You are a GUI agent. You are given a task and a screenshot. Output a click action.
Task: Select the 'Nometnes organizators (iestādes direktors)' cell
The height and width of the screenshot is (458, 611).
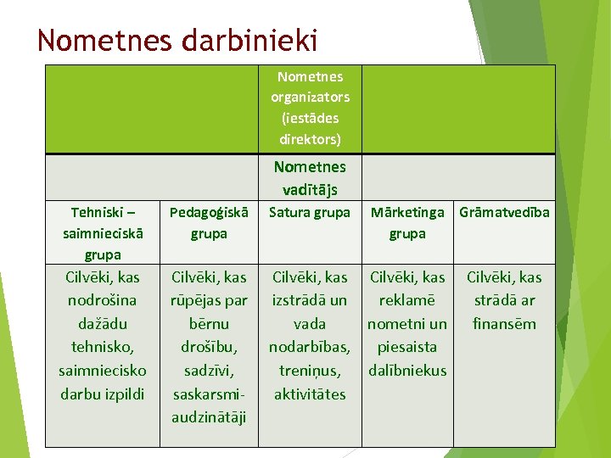pos(310,108)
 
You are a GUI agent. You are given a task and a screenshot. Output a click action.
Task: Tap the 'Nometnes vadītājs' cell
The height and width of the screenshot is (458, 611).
pos(310,177)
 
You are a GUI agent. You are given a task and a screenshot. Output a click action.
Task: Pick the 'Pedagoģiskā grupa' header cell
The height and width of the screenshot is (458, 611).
pos(209,222)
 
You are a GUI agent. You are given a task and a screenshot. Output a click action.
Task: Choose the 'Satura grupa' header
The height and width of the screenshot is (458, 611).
pos(310,212)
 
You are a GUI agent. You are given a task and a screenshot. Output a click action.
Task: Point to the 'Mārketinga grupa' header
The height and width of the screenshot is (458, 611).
pos(407,222)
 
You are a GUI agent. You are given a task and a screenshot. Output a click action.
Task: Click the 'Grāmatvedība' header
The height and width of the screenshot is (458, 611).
pos(504,212)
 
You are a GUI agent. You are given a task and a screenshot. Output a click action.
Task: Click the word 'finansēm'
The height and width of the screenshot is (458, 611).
pos(504,323)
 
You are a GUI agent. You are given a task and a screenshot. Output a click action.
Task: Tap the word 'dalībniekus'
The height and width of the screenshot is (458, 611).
pos(407,370)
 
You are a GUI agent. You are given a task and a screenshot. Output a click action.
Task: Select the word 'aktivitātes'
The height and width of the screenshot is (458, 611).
pos(310,394)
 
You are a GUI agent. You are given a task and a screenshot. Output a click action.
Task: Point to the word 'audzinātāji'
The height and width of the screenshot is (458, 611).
pos(209,416)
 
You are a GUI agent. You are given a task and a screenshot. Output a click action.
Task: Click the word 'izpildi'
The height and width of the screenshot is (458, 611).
pos(125,394)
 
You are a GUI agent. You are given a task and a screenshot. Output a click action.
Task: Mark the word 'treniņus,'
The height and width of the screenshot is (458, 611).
pos(310,370)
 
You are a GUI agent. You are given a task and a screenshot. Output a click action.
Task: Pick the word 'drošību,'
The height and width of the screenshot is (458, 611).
pos(209,347)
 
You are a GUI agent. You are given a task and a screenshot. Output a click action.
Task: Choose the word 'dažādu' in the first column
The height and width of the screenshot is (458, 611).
pos(103,323)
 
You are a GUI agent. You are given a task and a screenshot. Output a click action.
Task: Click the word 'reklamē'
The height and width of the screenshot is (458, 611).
pos(407,300)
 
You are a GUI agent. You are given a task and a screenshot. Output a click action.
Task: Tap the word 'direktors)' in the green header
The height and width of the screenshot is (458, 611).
pos(310,138)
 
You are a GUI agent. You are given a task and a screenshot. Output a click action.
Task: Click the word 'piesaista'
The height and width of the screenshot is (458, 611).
pos(407,347)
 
